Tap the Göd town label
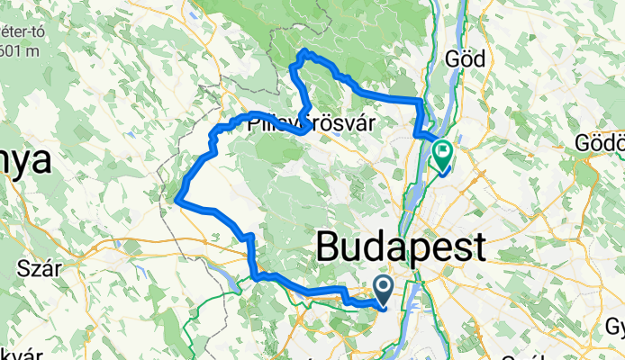(466, 59)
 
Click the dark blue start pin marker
(383, 290)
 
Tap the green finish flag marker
(443, 153)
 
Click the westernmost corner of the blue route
(178, 199)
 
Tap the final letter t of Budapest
(477, 246)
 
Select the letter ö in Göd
(466, 59)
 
